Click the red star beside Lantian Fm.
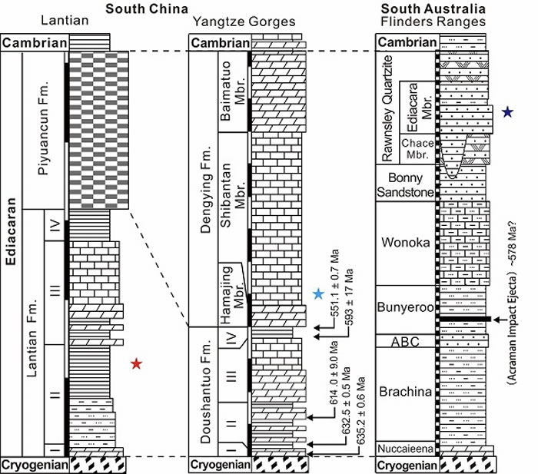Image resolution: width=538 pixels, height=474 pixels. pos(137,363)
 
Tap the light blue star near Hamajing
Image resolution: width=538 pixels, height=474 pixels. pos(319,293)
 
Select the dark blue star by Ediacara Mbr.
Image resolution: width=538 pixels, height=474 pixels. pos(507,112)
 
